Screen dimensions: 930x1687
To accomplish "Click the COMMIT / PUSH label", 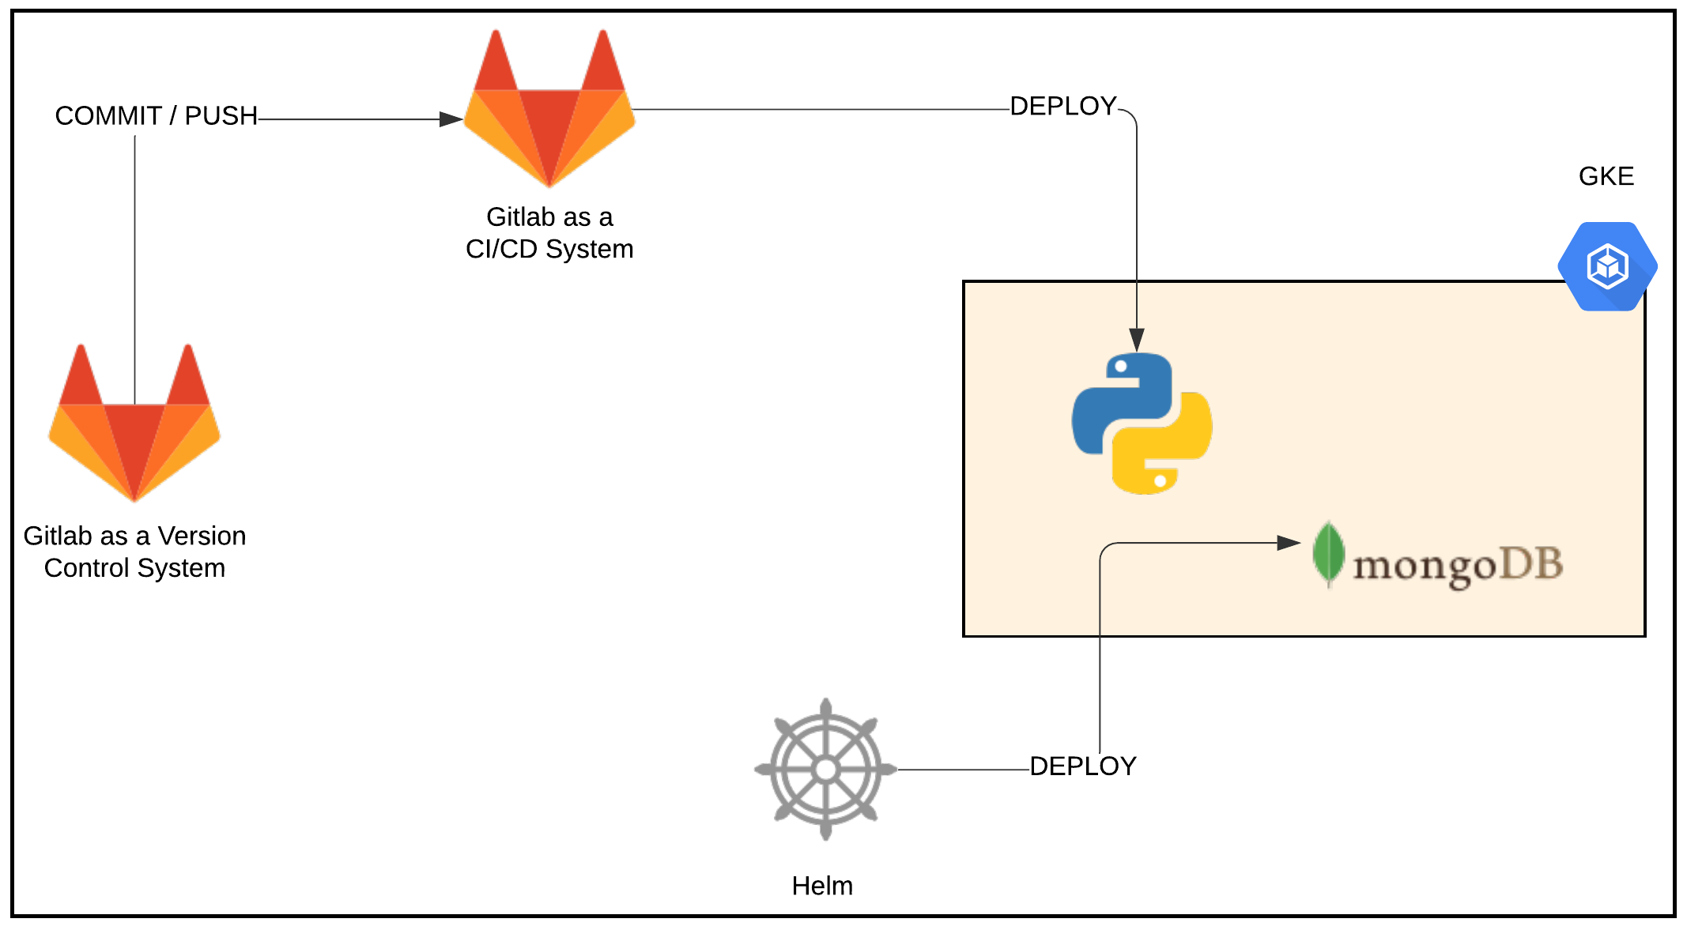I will (156, 116).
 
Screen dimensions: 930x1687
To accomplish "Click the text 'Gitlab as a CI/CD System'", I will (549, 233).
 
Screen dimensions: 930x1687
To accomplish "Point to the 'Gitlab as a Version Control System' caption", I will (134, 552).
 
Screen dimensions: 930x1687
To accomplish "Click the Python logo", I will (1142, 424).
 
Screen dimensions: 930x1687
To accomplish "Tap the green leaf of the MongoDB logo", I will (1329, 553).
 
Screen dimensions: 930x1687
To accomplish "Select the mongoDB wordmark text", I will (1457, 566).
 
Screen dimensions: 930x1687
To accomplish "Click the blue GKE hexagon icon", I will (1607, 266).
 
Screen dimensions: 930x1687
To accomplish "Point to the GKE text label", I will (1606, 176).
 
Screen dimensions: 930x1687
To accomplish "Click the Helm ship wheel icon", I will (825, 769).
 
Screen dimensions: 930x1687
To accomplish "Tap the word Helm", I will (822, 886).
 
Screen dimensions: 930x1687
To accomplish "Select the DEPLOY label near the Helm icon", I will (1082, 766).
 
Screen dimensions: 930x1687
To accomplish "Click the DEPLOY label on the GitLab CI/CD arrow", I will (1062, 106).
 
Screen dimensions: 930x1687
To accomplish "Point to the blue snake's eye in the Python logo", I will (1120, 367).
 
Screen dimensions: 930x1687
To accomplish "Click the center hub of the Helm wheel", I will (825, 769).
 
